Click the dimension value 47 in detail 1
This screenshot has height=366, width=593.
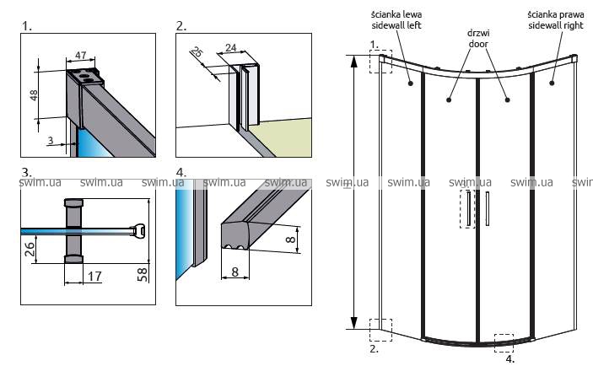coord(81,55)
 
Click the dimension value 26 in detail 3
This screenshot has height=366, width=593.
coord(30,248)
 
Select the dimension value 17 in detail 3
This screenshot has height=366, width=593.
coord(94,275)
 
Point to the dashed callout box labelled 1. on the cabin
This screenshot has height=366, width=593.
coord(380,61)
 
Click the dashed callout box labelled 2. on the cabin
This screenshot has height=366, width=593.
coord(380,330)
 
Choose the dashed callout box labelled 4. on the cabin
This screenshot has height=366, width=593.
coord(504,342)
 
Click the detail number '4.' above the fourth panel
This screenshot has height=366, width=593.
coord(181,172)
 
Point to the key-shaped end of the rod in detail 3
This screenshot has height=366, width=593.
coord(138,229)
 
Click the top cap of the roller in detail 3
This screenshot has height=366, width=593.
coord(74,203)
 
